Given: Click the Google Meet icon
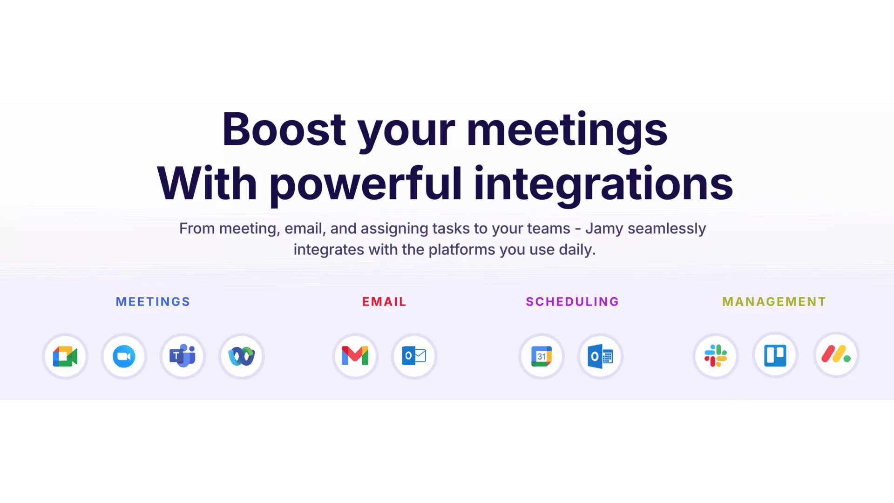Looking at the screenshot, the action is [x=65, y=356].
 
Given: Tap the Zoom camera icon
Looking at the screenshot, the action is [x=124, y=356].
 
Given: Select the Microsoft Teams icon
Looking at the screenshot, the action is [x=183, y=356].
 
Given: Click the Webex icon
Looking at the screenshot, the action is [x=242, y=356].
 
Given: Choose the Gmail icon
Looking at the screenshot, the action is [x=355, y=356].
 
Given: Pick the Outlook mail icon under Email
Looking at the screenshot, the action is [x=414, y=356].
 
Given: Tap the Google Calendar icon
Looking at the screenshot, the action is [x=542, y=356].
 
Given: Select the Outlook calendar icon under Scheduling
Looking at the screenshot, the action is [x=600, y=356].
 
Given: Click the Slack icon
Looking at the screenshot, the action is [x=716, y=356].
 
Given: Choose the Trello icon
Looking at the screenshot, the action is [x=775, y=356].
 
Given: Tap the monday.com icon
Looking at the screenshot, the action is [x=836, y=354].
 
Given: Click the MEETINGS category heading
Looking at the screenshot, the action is [x=153, y=302].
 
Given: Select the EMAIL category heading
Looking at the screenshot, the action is [x=384, y=302].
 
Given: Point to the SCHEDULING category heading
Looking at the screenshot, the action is [x=572, y=302].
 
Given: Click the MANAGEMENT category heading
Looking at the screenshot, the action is [x=774, y=302].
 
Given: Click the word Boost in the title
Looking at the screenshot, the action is [x=284, y=129].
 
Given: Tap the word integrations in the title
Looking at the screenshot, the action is [x=603, y=184].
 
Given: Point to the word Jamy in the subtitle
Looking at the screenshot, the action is [x=604, y=229].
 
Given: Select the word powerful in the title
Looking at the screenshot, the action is [x=366, y=184].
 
